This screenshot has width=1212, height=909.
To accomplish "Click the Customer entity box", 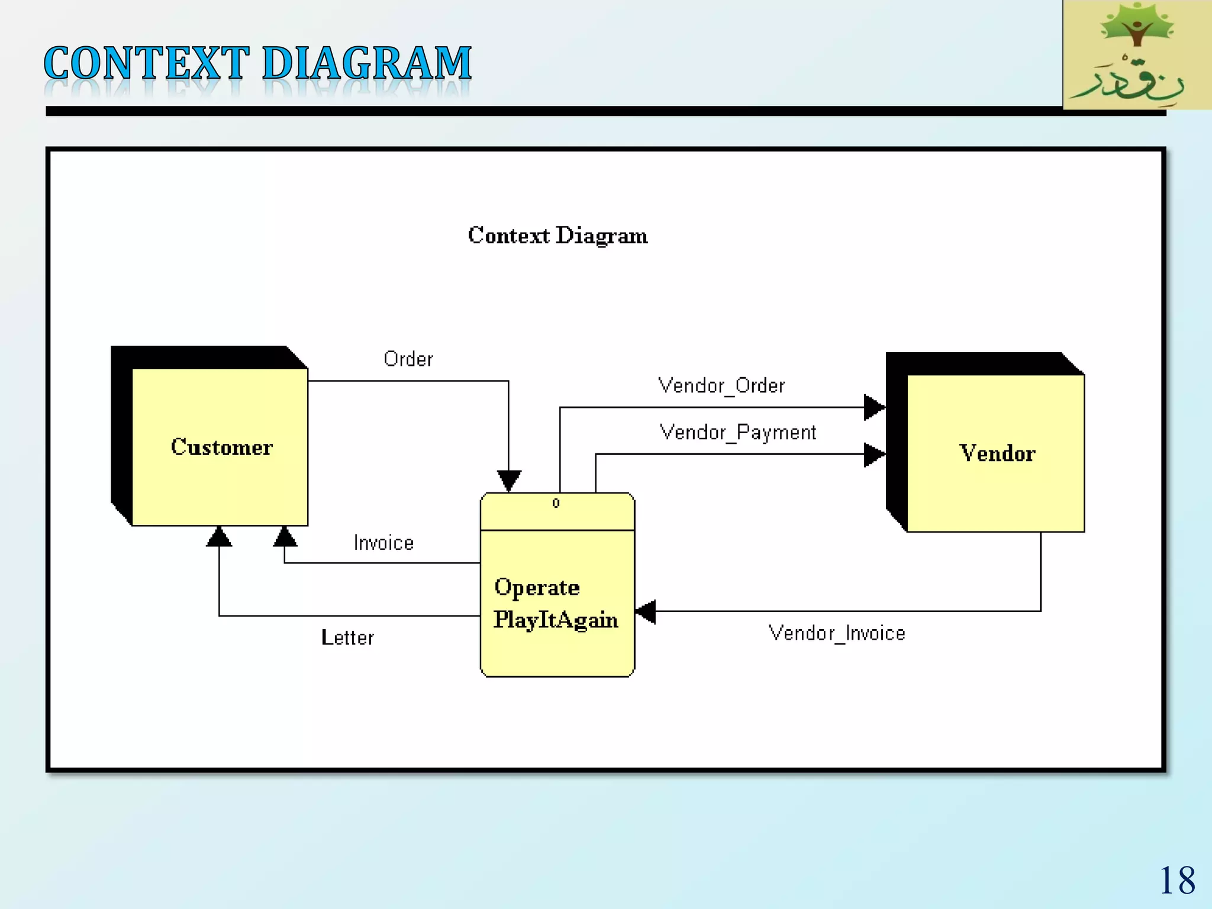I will tap(220, 447).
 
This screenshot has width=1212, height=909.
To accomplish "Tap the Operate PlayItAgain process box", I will tap(557, 602).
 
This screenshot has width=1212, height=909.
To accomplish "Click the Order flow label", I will tap(408, 359).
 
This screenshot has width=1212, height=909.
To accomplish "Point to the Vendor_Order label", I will tap(721, 386).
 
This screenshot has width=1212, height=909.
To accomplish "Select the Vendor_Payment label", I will tap(737, 433).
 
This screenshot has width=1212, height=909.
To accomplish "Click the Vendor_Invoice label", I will tap(836, 633).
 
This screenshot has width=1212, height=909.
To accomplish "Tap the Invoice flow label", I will tap(383, 543).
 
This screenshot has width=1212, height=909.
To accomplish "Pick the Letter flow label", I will tap(347, 638).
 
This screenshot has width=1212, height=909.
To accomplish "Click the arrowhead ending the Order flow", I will tap(509, 480).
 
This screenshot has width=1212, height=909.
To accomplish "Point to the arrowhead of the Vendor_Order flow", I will tap(873, 407).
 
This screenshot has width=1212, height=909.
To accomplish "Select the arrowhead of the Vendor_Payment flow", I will tap(873, 454).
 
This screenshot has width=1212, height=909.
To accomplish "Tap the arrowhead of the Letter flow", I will tap(219, 537).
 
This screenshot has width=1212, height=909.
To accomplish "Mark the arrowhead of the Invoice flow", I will tap(285, 537).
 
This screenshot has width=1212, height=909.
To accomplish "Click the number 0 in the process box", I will tap(556, 503).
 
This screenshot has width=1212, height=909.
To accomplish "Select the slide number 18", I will tap(1176, 881).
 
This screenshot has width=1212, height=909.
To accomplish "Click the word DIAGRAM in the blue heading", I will tap(366, 63).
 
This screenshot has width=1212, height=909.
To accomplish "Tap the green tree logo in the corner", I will tap(1136, 54).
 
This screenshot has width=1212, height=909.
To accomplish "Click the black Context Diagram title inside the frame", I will tap(557, 236).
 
